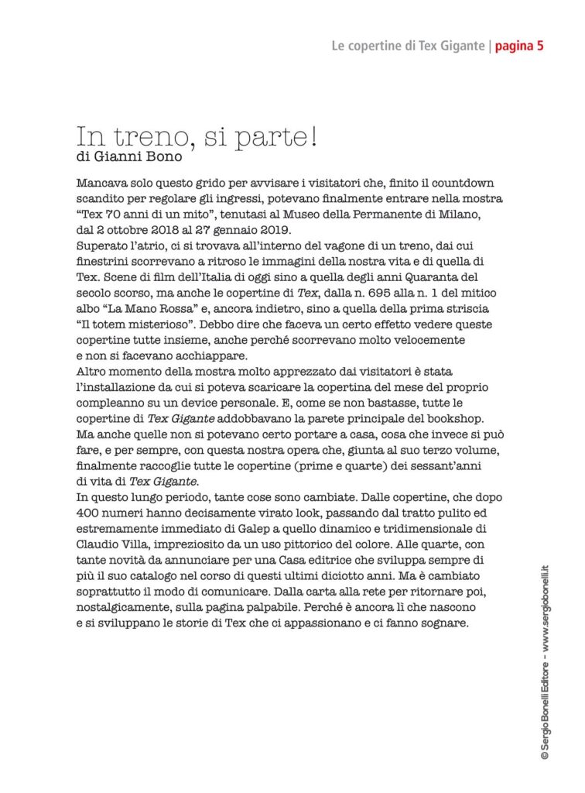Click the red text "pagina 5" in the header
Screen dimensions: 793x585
pos(519,46)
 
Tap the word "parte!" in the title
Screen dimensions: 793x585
pos(273,139)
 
